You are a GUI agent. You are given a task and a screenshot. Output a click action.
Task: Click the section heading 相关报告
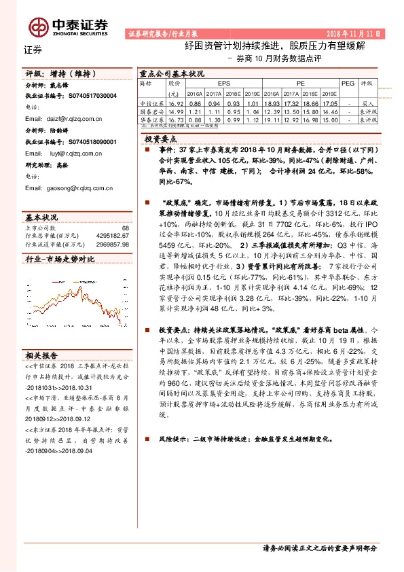pos(41,354)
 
